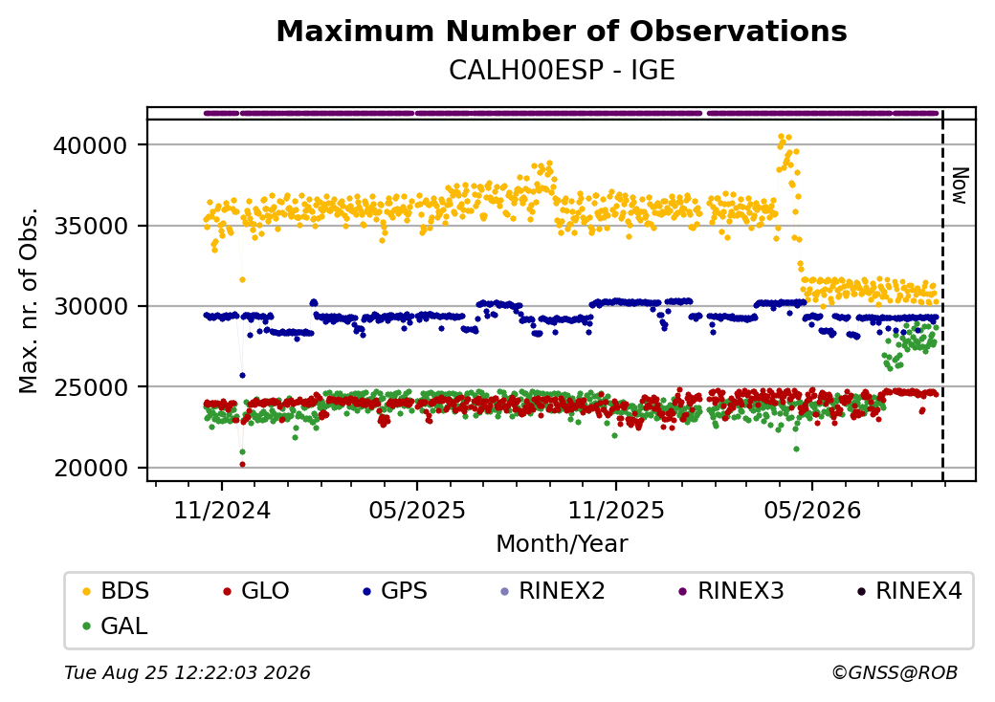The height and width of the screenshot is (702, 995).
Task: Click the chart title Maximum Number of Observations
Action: coord(562,31)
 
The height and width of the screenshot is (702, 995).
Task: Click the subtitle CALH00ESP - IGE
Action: coord(562,71)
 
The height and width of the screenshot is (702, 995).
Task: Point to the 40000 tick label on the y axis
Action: coord(90,146)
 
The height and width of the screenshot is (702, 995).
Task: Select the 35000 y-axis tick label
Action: coord(90,227)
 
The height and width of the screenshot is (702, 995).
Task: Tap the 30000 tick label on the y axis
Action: coord(90,307)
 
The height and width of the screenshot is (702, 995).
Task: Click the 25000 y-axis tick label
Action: coord(90,387)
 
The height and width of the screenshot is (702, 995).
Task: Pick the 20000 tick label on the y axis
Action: coord(90,468)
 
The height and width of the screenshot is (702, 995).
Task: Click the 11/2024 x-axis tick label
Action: coord(222,511)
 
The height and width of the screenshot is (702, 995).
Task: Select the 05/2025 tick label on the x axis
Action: coord(417,511)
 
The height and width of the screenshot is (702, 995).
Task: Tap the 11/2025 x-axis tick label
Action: coord(615,511)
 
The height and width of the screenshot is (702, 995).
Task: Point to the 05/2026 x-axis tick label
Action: coord(812,511)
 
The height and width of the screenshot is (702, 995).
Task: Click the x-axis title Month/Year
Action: coord(562,544)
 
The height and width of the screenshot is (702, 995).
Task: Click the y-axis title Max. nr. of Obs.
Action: coord(29,301)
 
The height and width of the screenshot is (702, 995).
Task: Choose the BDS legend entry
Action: coord(117,591)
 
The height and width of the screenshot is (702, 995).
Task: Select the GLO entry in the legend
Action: coord(256,591)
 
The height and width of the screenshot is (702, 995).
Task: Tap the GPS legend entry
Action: coord(395,591)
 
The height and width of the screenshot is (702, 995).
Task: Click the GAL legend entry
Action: coord(116,626)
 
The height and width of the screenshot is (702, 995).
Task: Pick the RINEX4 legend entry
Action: coord(909,591)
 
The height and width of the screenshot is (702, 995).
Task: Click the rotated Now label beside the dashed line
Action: coord(961,186)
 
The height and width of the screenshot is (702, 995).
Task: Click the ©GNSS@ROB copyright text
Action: coord(895,672)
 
